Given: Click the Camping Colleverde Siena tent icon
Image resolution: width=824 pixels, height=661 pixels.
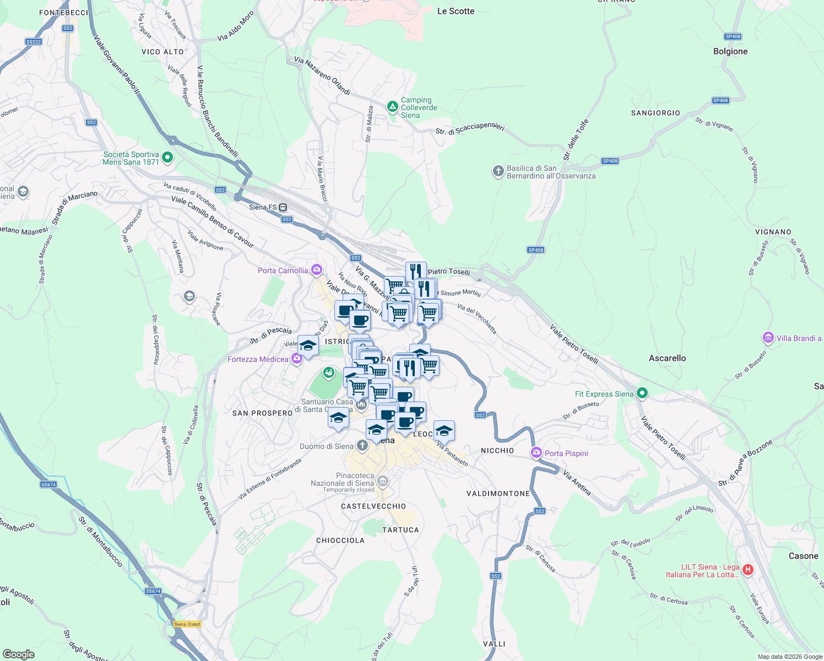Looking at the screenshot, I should click(x=392, y=106).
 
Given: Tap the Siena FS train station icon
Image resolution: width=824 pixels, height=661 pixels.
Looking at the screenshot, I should click(x=283, y=208).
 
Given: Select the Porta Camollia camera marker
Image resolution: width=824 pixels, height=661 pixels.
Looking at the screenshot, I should click(x=316, y=270).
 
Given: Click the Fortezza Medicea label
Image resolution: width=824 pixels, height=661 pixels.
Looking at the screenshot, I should click(x=258, y=359).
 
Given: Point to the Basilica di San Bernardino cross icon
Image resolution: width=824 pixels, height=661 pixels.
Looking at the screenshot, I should click(x=498, y=172).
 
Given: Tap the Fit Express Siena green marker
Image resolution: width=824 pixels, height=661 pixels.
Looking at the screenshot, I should click(x=642, y=393).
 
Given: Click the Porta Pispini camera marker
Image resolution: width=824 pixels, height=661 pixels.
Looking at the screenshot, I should click(x=536, y=453).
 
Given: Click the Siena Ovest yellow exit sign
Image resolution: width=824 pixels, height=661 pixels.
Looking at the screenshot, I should click(x=187, y=624).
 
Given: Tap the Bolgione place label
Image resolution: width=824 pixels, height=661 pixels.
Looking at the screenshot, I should click(x=730, y=51).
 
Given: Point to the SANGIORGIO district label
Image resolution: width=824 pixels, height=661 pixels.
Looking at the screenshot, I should click(x=655, y=113).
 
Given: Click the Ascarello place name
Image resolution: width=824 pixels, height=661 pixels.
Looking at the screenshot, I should click(x=667, y=358).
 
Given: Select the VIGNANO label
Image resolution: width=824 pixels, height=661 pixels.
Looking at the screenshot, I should click(x=773, y=232).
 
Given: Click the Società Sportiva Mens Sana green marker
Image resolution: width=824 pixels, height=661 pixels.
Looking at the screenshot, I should click(x=167, y=158).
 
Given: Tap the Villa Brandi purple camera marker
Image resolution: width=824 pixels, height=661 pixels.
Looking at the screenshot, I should click(x=768, y=337).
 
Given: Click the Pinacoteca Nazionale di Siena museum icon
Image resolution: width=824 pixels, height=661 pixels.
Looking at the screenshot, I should click(x=383, y=481).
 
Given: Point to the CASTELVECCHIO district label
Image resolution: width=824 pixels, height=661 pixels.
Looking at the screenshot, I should click(x=373, y=506).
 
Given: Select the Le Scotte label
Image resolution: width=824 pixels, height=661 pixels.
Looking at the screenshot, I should click(x=456, y=11).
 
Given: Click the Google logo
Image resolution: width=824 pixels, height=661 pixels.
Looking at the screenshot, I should click(x=18, y=654).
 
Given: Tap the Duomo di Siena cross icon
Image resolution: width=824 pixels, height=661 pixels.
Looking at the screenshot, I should click(x=362, y=445).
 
